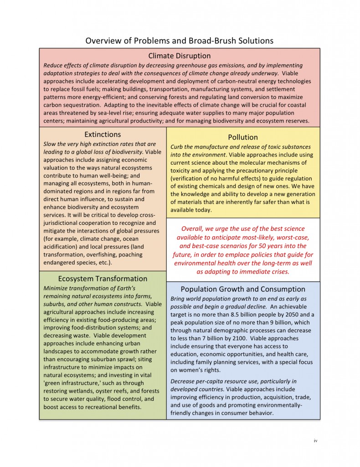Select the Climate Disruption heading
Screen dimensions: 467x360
coord(180,56)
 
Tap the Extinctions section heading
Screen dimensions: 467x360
coord(103,135)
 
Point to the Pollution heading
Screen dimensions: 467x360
coord(243,137)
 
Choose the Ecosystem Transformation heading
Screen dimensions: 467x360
coord(103,279)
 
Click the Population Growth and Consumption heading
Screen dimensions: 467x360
coord(243,289)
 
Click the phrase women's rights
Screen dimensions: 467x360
coord(201,370)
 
